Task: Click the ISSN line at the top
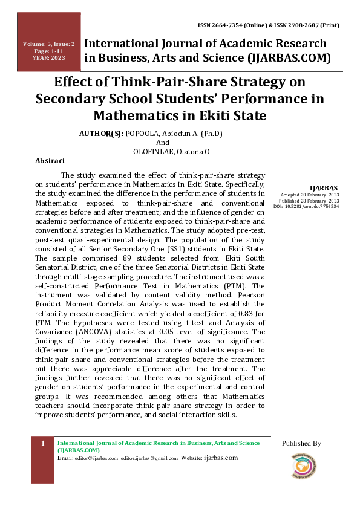[268, 26]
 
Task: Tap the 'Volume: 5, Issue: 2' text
[49, 44]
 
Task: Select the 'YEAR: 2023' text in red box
[49, 58]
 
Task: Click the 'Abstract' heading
[50, 161]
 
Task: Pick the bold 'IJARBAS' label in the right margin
[324, 187]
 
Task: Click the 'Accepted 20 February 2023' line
[309, 195]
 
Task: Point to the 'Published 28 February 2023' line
[309, 201]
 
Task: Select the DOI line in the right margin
[306, 206]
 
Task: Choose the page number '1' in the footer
[43, 444]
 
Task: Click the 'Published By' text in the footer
[301, 444]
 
